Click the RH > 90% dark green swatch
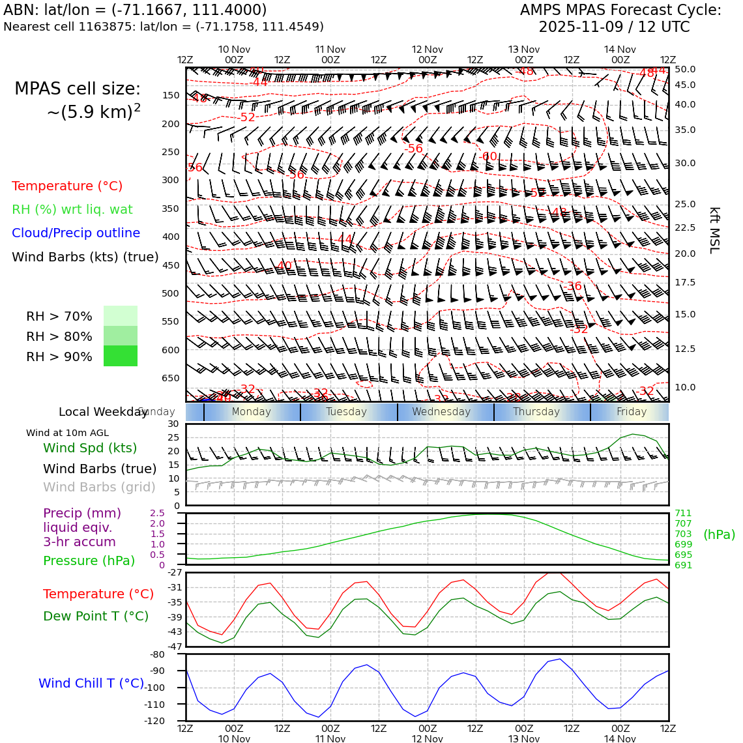121,356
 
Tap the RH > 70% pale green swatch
121,315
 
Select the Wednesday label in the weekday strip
441,412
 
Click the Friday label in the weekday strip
632,412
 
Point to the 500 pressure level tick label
171,293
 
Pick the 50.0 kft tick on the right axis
685,69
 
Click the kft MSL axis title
714,230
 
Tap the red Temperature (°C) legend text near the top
67,186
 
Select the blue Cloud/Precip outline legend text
76,233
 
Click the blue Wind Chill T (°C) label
91,683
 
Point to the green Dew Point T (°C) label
96,616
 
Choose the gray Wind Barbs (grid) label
100,487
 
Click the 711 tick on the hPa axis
683,513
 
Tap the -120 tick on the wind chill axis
173,721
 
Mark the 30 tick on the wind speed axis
173,424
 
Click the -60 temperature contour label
488,156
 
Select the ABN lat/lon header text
135,10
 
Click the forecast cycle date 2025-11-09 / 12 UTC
614,27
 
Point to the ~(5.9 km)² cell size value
93,112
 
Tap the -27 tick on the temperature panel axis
173,573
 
